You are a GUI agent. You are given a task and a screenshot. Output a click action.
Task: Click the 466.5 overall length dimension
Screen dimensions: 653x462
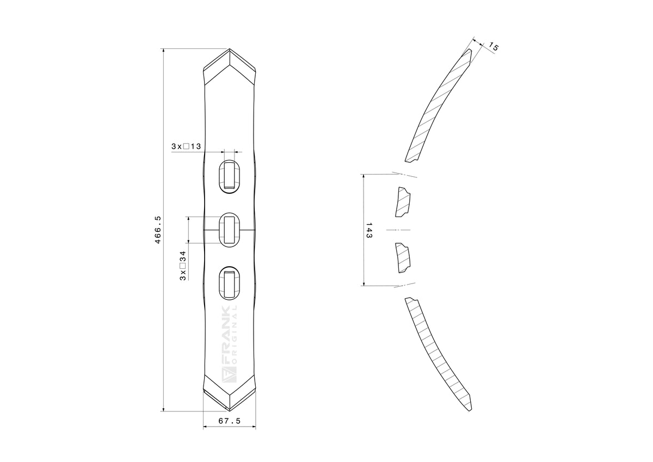click(158, 230)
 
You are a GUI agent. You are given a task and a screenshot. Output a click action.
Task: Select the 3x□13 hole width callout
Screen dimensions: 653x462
click(186, 146)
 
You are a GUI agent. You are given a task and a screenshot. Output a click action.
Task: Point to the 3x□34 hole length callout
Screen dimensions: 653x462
click(183, 266)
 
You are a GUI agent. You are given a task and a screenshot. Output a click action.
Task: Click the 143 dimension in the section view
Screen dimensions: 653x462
click(369, 230)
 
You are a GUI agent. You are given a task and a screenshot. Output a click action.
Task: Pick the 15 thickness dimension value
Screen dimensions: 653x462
click(493, 47)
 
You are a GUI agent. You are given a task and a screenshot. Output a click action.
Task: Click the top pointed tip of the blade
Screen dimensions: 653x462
click(230, 48)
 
